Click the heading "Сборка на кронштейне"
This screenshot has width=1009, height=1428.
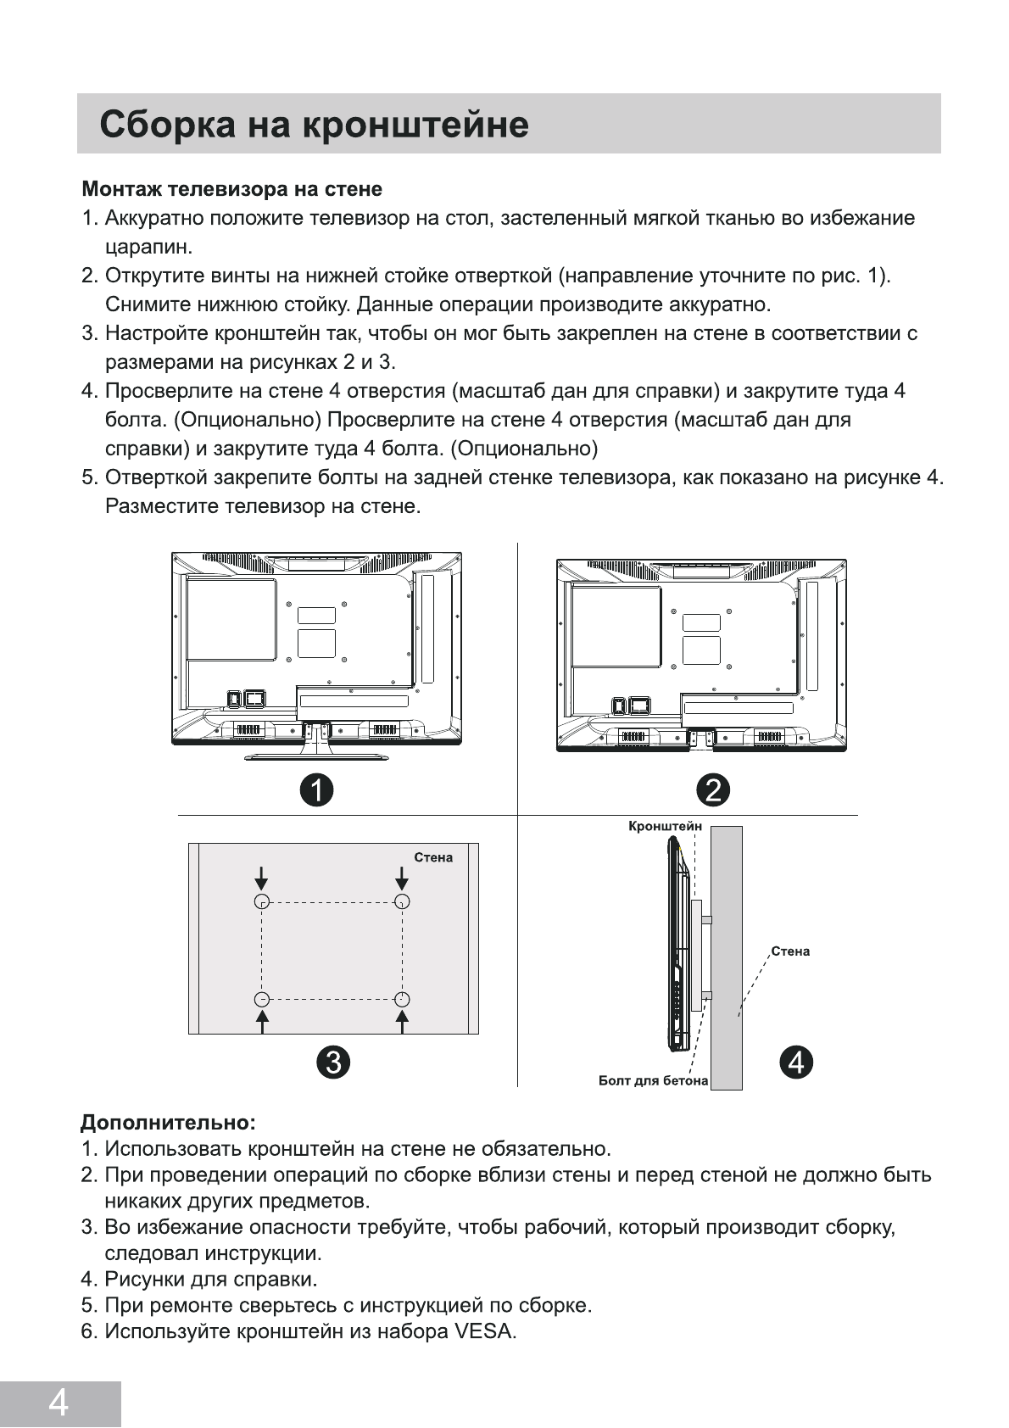314,125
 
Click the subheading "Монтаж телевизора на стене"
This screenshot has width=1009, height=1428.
231,188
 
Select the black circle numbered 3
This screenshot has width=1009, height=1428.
332,1061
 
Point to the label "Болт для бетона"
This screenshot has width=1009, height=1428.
653,1080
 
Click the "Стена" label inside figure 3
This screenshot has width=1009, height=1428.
433,857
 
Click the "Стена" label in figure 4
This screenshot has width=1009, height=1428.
790,951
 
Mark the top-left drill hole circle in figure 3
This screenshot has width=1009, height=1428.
262,901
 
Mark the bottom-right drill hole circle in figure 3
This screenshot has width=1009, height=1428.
403,999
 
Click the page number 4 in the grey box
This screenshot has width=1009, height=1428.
59,1403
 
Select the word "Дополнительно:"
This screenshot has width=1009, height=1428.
168,1123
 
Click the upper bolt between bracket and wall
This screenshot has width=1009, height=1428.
706,919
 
